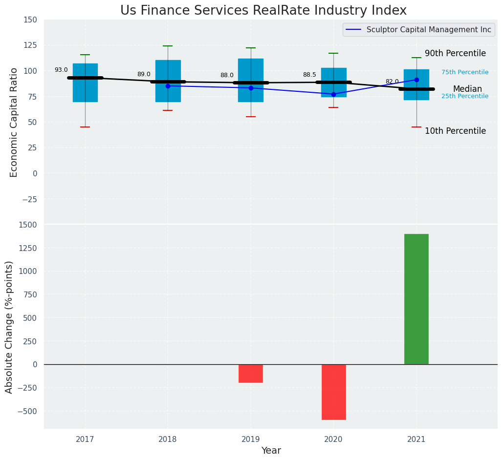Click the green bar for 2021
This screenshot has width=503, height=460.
416,299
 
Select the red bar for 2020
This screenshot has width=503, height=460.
333,392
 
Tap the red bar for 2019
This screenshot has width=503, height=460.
251,373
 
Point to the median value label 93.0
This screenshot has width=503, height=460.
61,70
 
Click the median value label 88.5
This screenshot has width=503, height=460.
309,75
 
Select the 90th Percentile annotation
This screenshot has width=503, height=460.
455,54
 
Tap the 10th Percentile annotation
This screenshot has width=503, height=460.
455,131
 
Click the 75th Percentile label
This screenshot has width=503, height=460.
464,72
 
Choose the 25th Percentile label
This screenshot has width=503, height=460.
464,96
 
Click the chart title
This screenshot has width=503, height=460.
263,10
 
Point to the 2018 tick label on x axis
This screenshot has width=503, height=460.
168,439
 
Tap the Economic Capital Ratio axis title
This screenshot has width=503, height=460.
14,122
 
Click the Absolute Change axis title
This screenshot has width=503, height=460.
9,327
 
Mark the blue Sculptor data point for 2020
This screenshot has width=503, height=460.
333,94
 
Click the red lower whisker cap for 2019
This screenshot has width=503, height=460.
251,117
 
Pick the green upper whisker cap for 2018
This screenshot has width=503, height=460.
168,46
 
